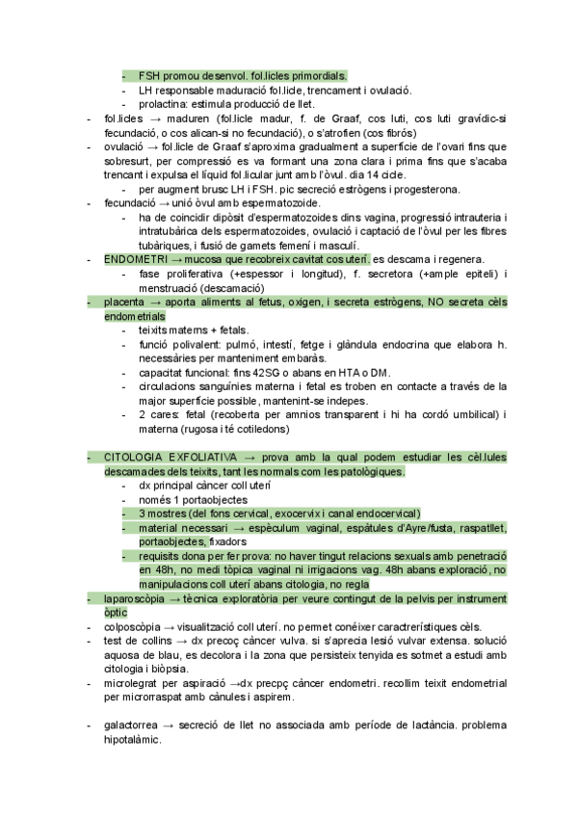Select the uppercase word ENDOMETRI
[135, 260]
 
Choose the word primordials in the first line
[312, 75]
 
